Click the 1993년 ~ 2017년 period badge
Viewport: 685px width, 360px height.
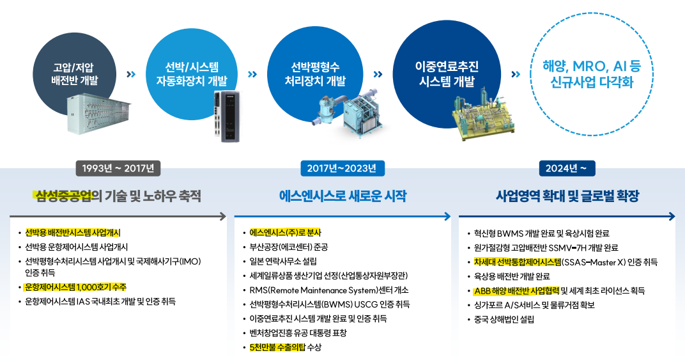118,168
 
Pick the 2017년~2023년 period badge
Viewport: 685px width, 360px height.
342,168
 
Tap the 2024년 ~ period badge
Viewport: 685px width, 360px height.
569,168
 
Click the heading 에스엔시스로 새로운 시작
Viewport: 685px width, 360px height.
342,195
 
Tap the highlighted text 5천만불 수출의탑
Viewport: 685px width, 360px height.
278,347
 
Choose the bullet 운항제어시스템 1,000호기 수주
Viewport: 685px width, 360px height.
75,287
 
